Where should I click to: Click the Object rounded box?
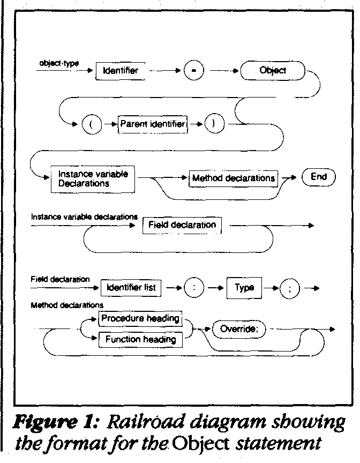(x=273, y=70)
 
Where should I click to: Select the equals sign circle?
(x=193, y=71)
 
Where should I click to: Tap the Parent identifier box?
(x=153, y=124)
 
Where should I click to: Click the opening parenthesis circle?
(x=92, y=124)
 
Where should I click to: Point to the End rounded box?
(x=318, y=177)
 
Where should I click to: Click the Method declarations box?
(x=233, y=178)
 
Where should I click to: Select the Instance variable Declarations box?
(x=92, y=178)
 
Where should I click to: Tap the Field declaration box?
(x=182, y=225)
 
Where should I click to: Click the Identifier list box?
(x=131, y=288)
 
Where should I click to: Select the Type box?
(x=244, y=288)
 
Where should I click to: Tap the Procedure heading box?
(x=140, y=319)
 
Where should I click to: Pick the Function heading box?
(x=140, y=339)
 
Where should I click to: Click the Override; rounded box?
(x=239, y=329)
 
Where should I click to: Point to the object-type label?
(x=59, y=63)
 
